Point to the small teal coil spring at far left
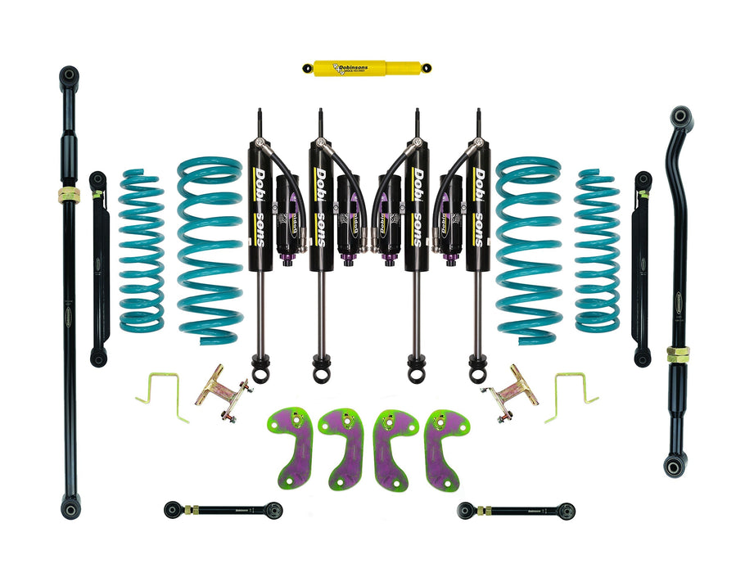(x=141, y=250)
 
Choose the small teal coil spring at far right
(x=597, y=250)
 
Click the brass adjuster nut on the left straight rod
(x=70, y=195)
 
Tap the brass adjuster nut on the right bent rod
(x=677, y=354)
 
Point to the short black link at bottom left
(x=223, y=510)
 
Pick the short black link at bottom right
(x=517, y=511)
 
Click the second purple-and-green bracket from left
(x=341, y=446)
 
